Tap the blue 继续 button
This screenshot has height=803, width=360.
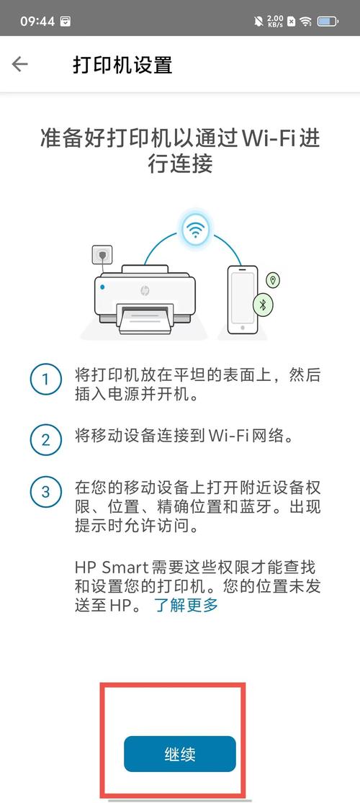[x=179, y=754]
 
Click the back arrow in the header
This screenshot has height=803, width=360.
[x=19, y=64]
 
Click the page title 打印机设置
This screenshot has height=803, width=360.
[x=122, y=65]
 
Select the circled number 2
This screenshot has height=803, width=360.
[x=45, y=437]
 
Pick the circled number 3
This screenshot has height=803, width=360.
[x=45, y=493]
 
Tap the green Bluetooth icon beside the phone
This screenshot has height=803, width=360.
[x=263, y=305]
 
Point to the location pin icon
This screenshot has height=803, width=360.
[x=273, y=279]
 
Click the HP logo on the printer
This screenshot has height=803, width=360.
[x=144, y=291]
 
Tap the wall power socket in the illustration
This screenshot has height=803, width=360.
[x=102, y=255]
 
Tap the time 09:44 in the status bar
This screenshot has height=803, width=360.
[x=37, y=21]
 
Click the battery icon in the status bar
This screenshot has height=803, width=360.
[x=328, y=21]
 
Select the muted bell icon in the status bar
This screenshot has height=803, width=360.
[x=259, y=21]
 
